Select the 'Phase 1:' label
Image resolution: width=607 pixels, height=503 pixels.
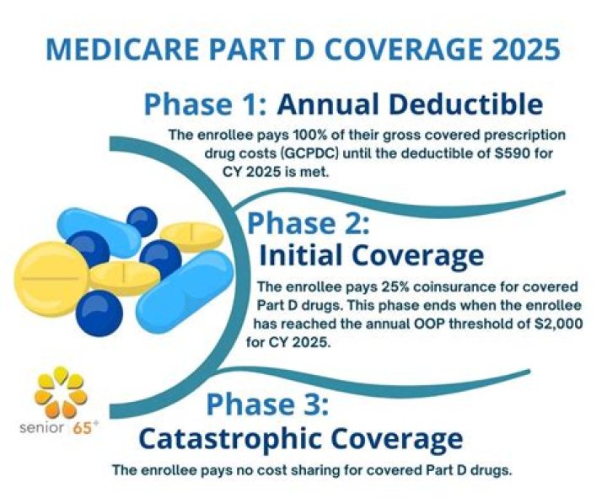(x=206, y=104)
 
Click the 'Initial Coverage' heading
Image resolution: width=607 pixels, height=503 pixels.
(x=371, y=254)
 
